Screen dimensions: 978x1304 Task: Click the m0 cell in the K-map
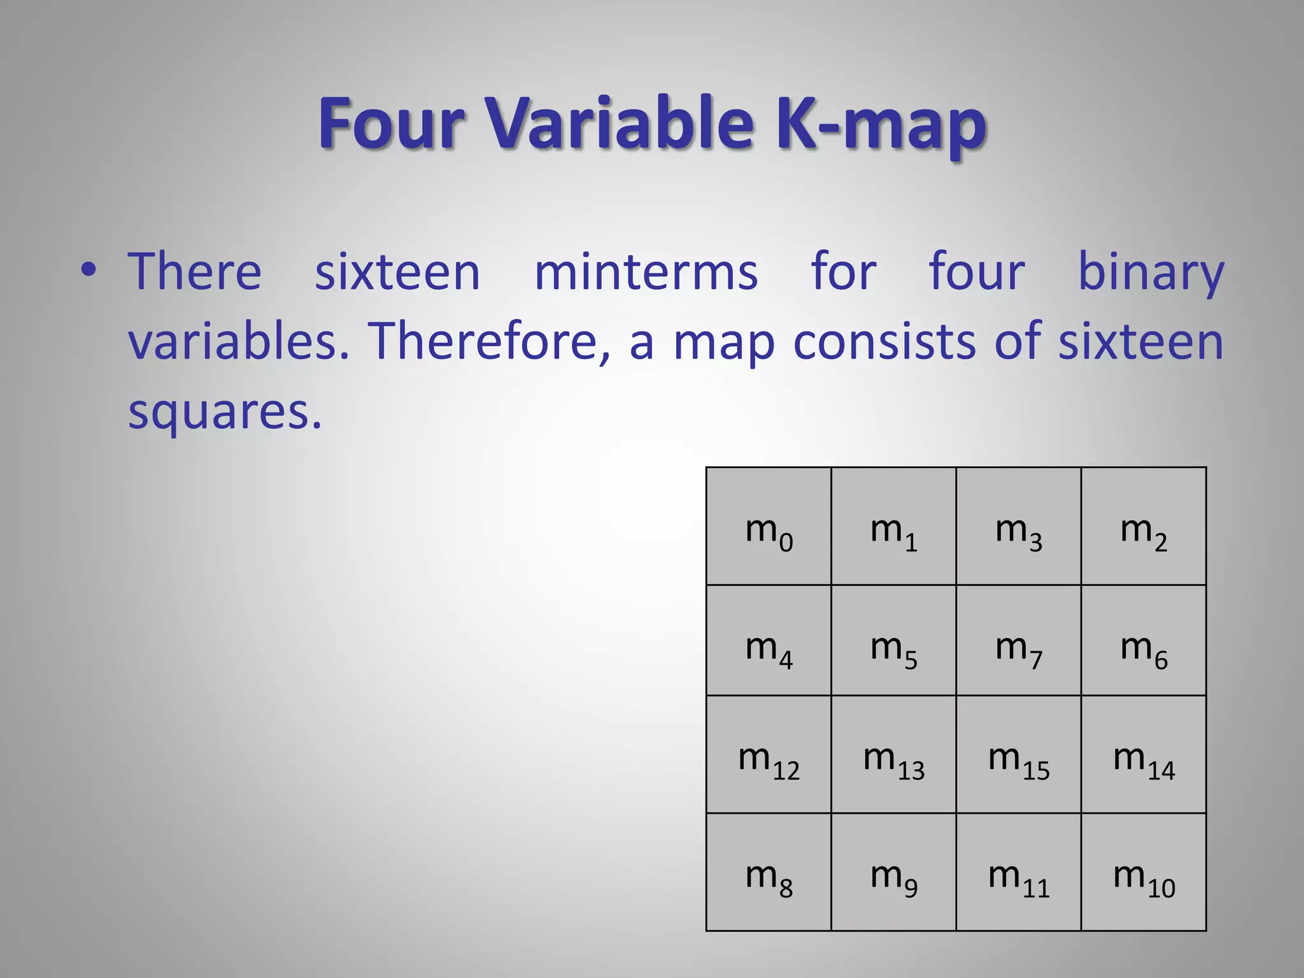coord(769,527)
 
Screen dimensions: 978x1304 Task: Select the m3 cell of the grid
coord(1019,527)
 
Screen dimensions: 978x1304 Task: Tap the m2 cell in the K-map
coord(1144,527)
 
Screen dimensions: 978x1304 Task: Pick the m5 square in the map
coord(893,641)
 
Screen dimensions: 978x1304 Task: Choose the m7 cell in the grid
coord(1019,641)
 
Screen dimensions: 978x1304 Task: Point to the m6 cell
coord(1144,641)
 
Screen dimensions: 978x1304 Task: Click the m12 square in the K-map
coord(769,755)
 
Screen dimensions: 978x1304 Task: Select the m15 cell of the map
coord(1019,755)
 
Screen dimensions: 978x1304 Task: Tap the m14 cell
coord(1144,755)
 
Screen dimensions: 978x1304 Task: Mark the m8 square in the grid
coord(769,872)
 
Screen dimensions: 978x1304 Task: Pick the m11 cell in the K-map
coord(1019,872)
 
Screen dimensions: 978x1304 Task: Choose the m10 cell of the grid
coord(1144,872)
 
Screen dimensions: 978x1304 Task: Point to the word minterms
coord(646,272)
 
